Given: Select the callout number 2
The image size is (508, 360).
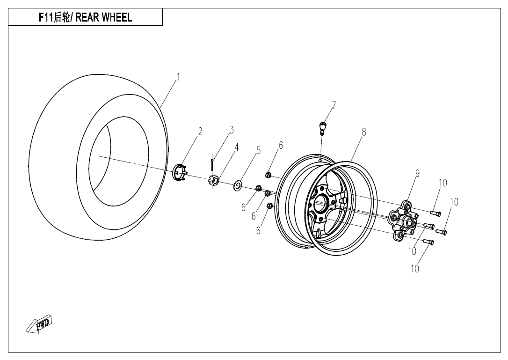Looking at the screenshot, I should tap(200, 132).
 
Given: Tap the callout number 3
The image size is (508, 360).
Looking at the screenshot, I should tap(231, 130).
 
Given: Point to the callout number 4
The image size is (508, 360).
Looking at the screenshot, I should tap(237, 147).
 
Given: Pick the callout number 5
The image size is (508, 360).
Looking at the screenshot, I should tap(258, 150).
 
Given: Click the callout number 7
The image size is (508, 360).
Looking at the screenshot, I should tap(334, 105).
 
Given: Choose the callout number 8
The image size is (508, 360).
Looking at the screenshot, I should tap(363, 132).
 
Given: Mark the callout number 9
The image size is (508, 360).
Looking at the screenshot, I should tap(417, 174).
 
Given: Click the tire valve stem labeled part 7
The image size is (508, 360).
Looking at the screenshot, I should tap(322, 127).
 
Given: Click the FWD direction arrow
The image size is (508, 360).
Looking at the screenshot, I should tap(39, 324).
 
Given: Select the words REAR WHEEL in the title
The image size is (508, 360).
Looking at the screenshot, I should tap(103, 18).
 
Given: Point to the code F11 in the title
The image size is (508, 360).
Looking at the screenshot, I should tap(46, 18).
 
